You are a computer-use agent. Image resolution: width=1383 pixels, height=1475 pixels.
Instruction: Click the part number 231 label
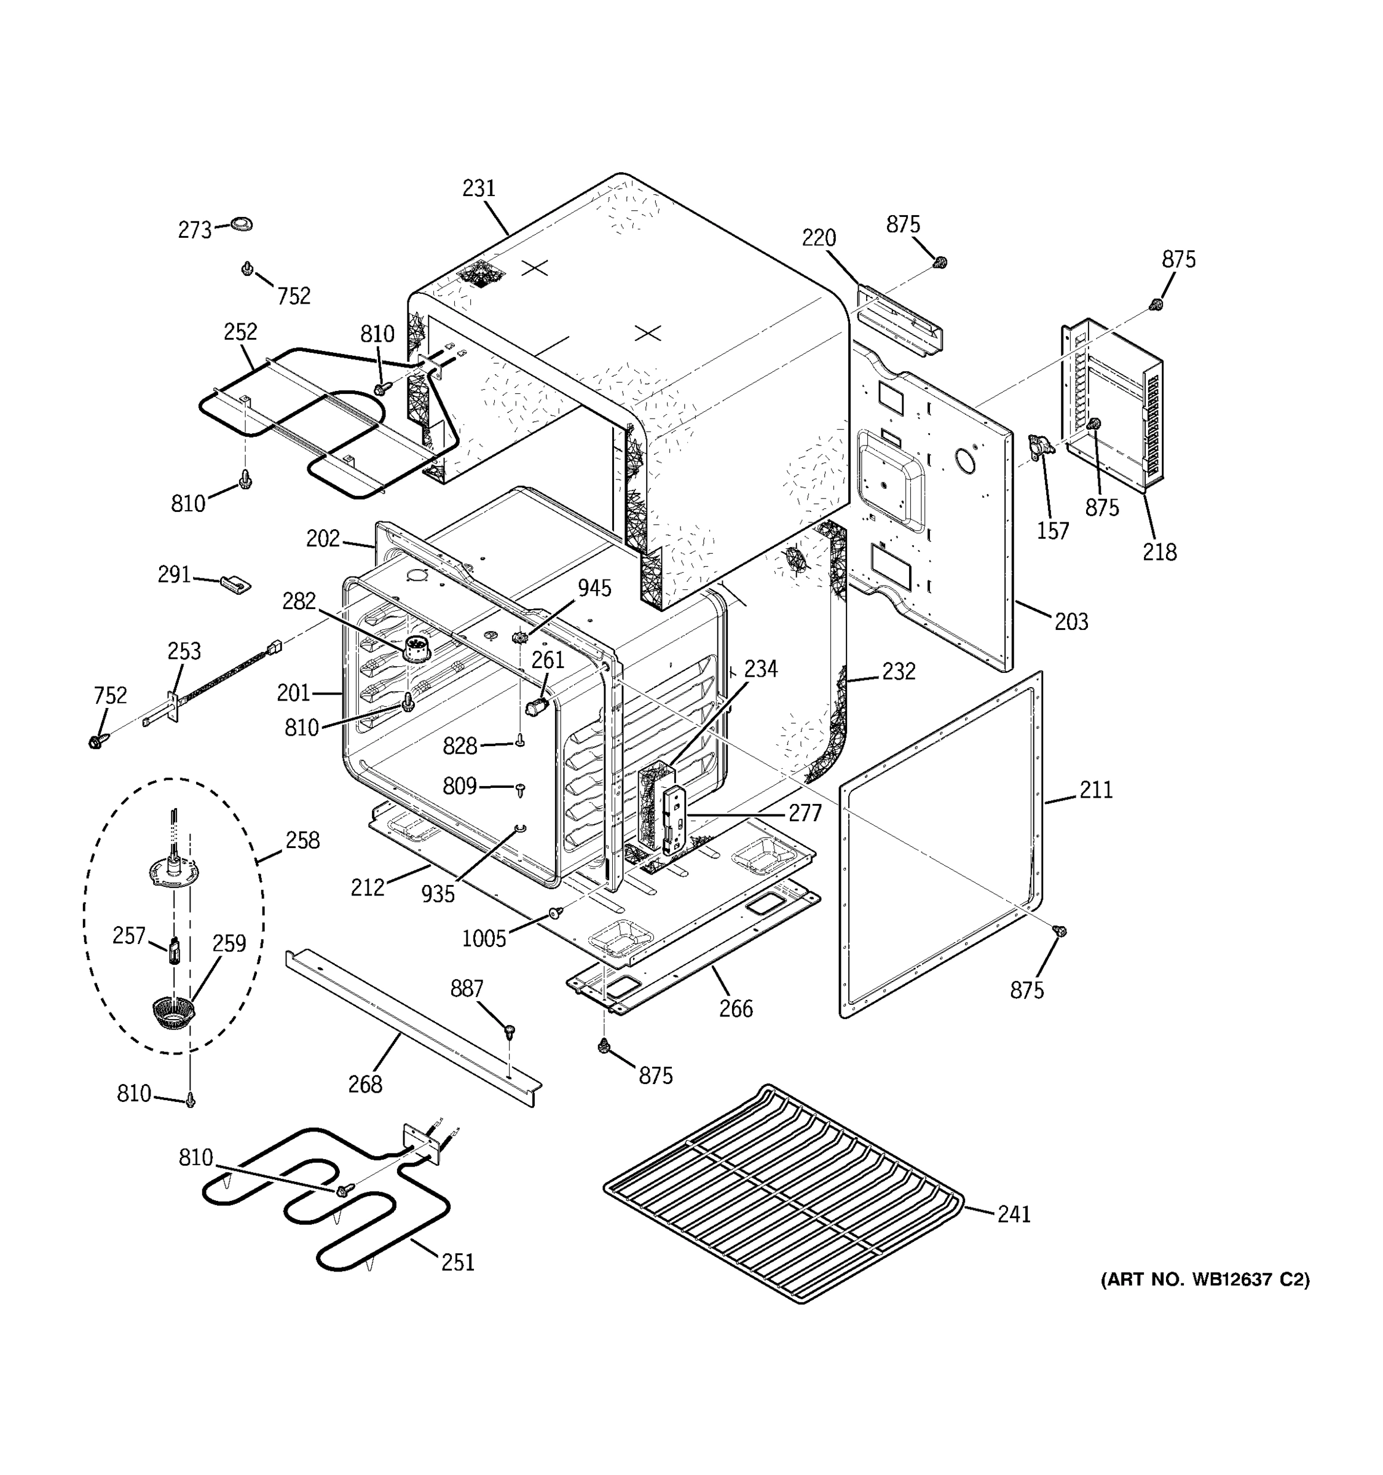point(479,189)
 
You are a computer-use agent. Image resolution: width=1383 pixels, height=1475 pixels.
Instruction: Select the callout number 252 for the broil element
point(240,332)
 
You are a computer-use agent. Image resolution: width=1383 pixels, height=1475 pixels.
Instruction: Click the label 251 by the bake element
point(458,1262)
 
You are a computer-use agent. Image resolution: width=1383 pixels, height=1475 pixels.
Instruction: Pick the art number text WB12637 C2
point(1205,1280)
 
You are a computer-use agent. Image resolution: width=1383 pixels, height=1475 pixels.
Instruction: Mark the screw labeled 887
point(509,1031)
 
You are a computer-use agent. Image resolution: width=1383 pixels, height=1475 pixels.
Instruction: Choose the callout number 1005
point(484,938)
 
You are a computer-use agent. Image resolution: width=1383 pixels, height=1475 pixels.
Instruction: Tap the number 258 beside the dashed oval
point(302,840)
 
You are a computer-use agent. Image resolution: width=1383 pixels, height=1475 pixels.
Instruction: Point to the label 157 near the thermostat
point(1052,530)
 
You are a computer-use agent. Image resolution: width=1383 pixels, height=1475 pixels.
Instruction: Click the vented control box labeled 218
point(1113,404)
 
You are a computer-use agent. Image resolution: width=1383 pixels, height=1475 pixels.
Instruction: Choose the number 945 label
point(594,588)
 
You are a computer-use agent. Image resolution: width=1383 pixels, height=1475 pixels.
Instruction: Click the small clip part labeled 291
point(235,584)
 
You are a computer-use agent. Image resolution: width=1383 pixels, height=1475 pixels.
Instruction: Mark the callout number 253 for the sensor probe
point(184,651)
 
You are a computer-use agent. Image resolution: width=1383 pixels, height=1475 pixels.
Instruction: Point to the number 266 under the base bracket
point(735,1009)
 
